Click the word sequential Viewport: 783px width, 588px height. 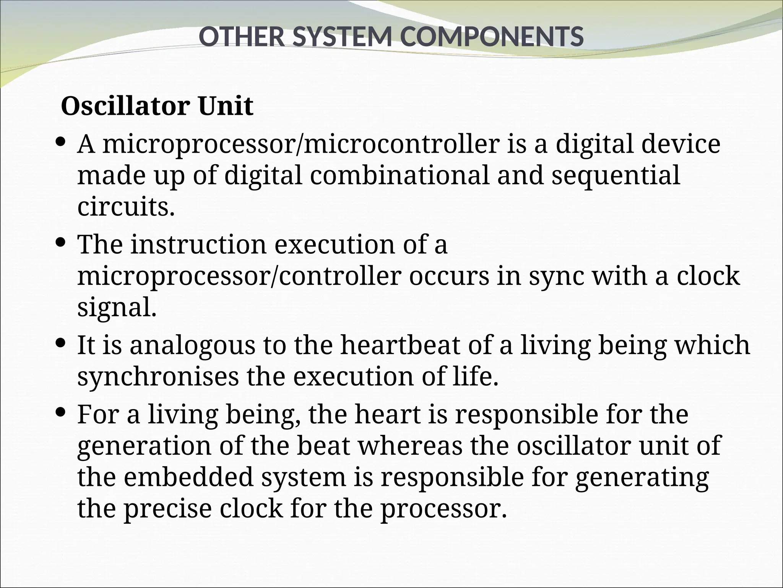pyautogui.click(x=616, y=175)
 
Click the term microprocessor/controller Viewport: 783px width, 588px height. pyautogui.click(x=239, y=276)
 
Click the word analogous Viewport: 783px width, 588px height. pyautogui.click(x=192, y=345)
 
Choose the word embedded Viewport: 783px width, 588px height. pyautogui.click(x=189, y=477)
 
